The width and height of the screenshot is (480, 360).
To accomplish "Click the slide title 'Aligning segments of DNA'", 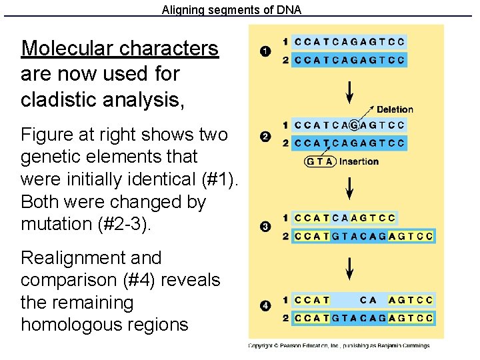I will (231, 10).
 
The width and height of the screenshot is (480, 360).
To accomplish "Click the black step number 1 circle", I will (265, 51).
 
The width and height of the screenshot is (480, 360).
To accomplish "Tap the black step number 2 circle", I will (265, 137).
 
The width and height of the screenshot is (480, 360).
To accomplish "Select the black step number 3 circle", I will (265, 227).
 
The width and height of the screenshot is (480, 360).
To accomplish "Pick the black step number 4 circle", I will (265, 306).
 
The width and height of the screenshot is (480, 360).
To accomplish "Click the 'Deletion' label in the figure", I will (395, 109).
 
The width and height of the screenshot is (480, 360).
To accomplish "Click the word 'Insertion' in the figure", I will (359, 161).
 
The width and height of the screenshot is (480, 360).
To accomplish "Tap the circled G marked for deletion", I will (354, 125).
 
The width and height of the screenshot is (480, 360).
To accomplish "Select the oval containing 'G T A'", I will (320, 161).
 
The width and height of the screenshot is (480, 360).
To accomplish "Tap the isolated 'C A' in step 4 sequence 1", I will (368, 300).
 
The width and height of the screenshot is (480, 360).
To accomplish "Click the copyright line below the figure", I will (339, 345).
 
